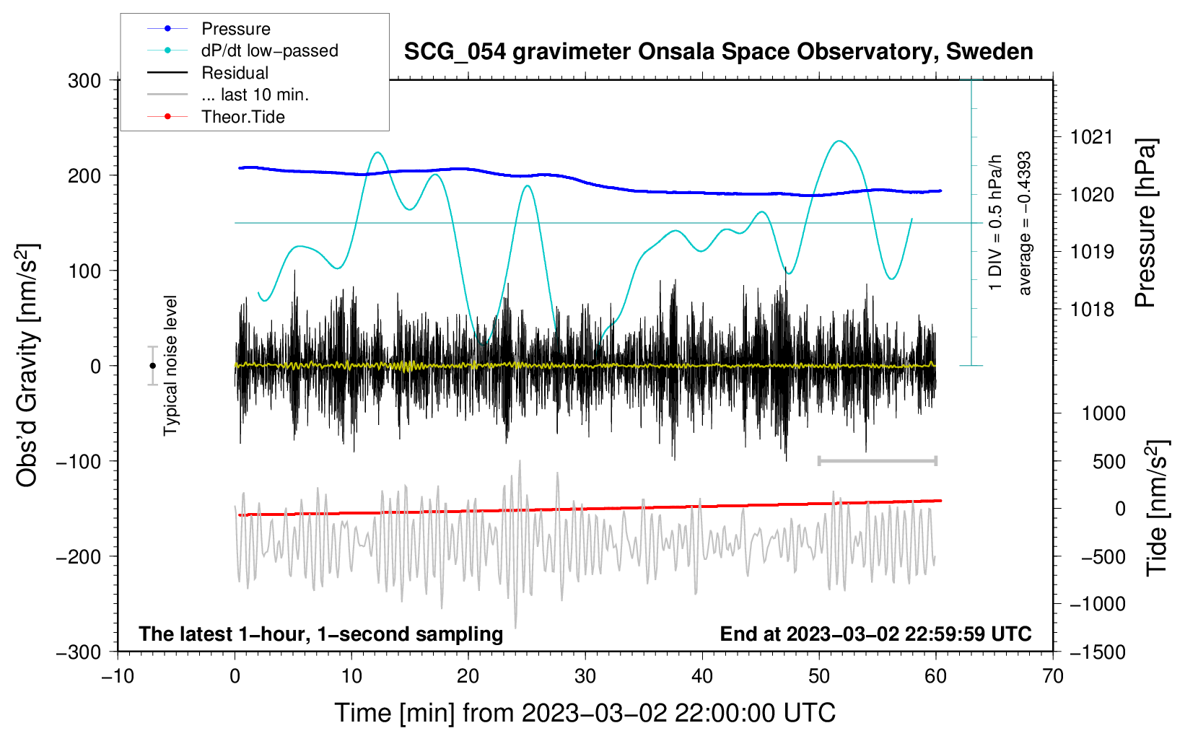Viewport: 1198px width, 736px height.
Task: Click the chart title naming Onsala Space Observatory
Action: [x=718, y=52]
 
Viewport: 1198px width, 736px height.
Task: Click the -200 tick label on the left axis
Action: [x=79, y=557]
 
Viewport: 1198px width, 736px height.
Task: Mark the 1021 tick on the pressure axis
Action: [x=1092, y=137]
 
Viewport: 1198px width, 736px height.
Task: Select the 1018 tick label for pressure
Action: [x=1092, y=309]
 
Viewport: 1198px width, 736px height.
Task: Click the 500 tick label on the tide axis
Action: [x=1109, y=461]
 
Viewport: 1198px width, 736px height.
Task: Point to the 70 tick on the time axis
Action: [x=1052, y=676]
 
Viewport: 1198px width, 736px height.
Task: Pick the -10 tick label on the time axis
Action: [x=118, y=676]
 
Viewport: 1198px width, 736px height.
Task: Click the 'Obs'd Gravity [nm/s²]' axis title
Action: [x=27, y=365]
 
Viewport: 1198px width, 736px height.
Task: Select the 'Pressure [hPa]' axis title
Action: [x=1145, y=223]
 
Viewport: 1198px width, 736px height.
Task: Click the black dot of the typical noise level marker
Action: [x=152, y=366]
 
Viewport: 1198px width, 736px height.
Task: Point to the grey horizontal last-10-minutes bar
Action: [x=877, y=460]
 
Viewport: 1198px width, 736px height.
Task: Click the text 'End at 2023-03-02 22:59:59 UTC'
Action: [x=875, y=634]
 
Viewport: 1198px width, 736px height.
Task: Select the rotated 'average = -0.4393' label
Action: [x=1023, y=224]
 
